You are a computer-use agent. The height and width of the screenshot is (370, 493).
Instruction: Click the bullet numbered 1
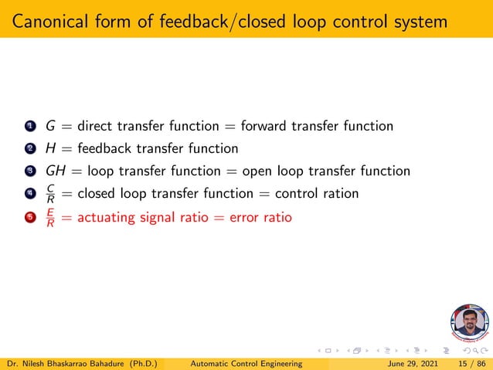(x=30, y=126)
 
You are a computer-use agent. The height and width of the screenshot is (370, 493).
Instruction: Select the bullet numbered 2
(x=30, y=148)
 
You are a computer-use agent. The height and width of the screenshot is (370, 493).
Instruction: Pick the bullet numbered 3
(x=30, y=171)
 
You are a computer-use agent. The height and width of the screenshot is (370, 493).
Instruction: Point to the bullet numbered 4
(x=30, y=194)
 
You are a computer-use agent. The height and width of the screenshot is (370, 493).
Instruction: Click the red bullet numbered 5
(x=30, y=217)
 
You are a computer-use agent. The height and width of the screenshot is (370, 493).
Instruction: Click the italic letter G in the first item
(x=50, y=125)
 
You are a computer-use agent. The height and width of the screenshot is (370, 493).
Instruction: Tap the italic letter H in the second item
(x=50, y=148)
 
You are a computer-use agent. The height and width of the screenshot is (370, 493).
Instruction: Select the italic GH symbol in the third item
(x=56, y=171)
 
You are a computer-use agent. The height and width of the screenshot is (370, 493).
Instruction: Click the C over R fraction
(x=50, y=194)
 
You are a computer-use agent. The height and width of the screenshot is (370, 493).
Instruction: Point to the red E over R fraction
(x=50, y=217)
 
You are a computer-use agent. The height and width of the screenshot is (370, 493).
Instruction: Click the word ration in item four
(x=340, y=194)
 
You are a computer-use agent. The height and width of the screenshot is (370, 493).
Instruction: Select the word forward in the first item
(x=266, y=125)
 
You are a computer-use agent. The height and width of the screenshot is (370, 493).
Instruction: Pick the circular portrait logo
(x=470, y=325)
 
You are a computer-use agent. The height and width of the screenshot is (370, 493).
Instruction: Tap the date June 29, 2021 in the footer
(x=409, y=362)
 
